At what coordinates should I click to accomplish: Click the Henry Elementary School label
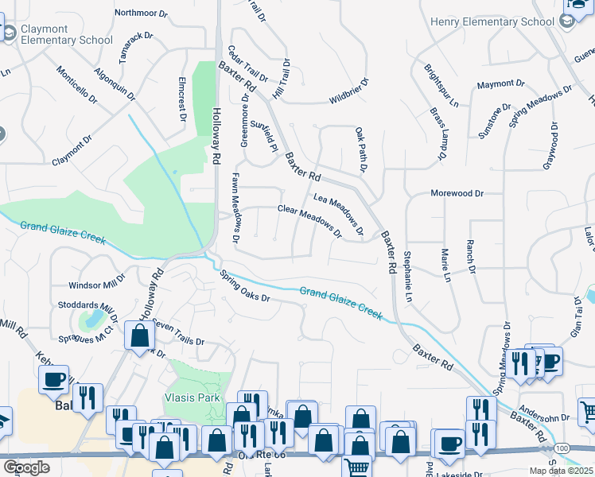tap(492, 21)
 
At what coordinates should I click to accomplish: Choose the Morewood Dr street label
tap(457, 193)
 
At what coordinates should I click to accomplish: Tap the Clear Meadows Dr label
tap(309, 221)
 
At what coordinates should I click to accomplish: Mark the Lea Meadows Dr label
tap(338, 215)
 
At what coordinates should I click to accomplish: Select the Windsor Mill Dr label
tap(97, 284)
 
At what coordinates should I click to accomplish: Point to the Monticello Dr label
tap(76, 85)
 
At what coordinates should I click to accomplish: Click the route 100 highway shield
tap(562, 449)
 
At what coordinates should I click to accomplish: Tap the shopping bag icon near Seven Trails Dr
tap(140, 336)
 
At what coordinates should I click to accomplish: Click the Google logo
tap(26, 468)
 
